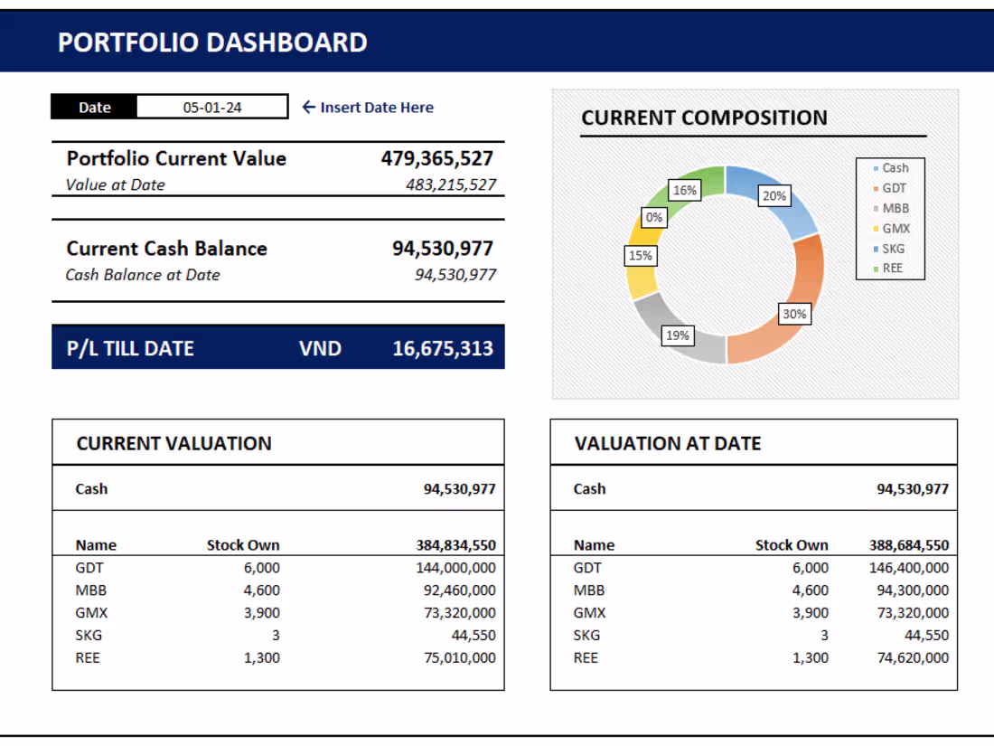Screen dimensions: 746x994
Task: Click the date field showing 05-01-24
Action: [212, 107]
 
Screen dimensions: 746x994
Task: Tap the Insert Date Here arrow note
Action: [368, 107]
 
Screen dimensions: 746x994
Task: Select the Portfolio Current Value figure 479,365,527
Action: [437, 158]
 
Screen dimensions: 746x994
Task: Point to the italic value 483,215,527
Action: [451, 184]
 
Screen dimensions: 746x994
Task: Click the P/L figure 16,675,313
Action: [443, 348]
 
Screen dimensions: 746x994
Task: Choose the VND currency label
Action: [320, 348]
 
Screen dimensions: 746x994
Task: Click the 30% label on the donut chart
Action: [794, 315]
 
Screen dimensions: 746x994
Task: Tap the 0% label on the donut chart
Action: [653, 217]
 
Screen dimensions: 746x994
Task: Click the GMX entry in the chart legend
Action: [895, 228]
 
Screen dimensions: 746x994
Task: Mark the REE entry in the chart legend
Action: [892, 268]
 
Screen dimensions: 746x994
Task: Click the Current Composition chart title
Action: [704, 118]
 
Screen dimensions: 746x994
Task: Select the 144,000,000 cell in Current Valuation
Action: [459, 568]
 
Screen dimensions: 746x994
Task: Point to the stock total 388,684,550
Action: [909, 545]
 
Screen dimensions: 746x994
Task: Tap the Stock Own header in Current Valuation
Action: [243, 545]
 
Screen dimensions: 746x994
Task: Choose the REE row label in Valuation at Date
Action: [586, 657]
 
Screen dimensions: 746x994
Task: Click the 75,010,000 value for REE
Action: [459, 657]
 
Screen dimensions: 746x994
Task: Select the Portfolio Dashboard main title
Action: [212, 42]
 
